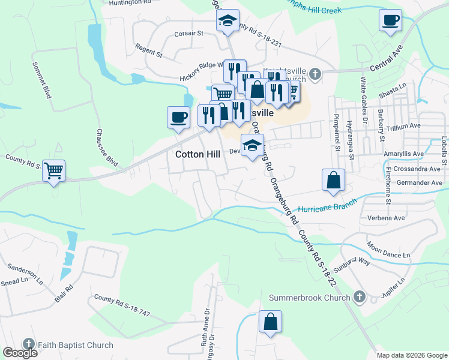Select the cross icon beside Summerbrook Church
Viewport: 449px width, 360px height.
pos(359,297)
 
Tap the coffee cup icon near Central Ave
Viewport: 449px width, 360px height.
pos(390,20)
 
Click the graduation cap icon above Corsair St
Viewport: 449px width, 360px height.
pos(228,20)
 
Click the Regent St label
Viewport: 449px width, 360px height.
pos(149,53)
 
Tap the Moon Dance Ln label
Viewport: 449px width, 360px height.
pos(388,251)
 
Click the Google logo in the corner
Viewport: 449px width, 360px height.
pos(20,352)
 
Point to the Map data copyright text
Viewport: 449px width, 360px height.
pos(411,355)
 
